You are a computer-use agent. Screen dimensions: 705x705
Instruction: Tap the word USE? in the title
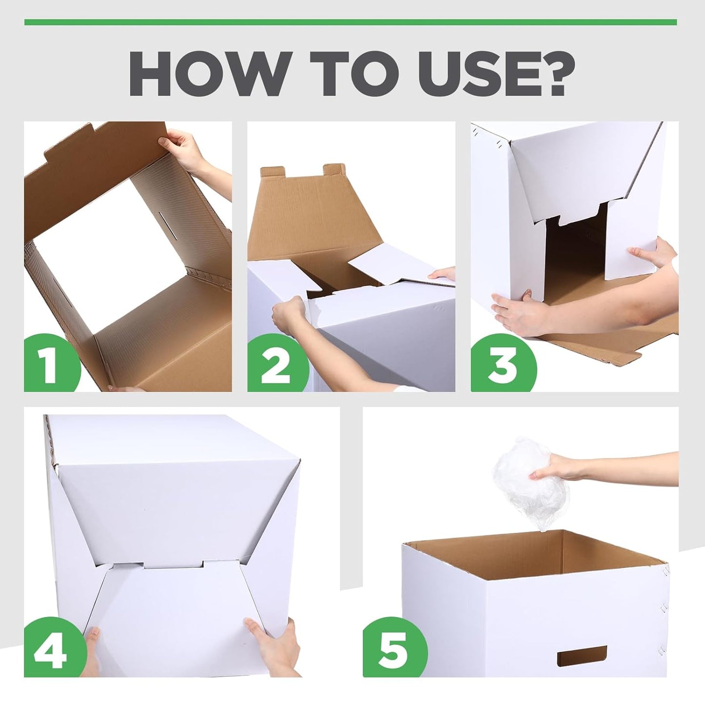click(x=493, y=74)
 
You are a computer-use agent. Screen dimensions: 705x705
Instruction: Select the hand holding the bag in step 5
click(x=561, y=466)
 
